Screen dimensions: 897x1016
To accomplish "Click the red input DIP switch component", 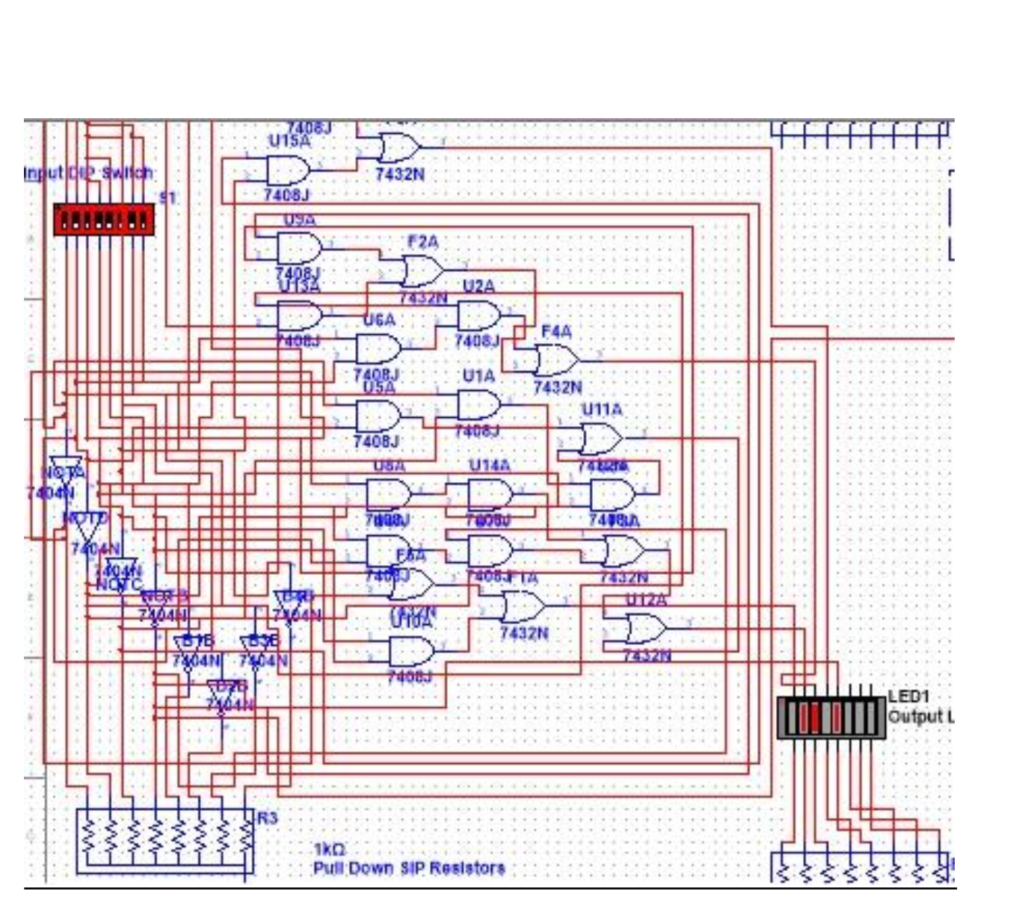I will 104,220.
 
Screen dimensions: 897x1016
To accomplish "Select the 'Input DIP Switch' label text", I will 88,173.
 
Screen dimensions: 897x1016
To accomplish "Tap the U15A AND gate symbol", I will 288,171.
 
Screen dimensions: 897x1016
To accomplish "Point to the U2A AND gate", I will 478,316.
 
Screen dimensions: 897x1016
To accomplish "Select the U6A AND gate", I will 378,349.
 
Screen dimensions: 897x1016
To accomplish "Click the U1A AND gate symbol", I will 478,404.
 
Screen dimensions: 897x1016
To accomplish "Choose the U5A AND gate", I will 378,416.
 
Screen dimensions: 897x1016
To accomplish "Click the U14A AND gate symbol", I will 490,494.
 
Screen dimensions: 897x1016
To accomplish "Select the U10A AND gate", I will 411,652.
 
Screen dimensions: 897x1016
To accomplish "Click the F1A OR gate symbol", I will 523,606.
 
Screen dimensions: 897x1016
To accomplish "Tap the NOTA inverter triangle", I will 66,466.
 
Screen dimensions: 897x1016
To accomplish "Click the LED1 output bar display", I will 831,718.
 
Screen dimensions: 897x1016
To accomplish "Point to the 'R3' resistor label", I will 267,818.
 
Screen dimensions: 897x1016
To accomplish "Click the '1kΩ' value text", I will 329,850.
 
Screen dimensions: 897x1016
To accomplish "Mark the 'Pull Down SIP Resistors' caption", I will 408,869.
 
